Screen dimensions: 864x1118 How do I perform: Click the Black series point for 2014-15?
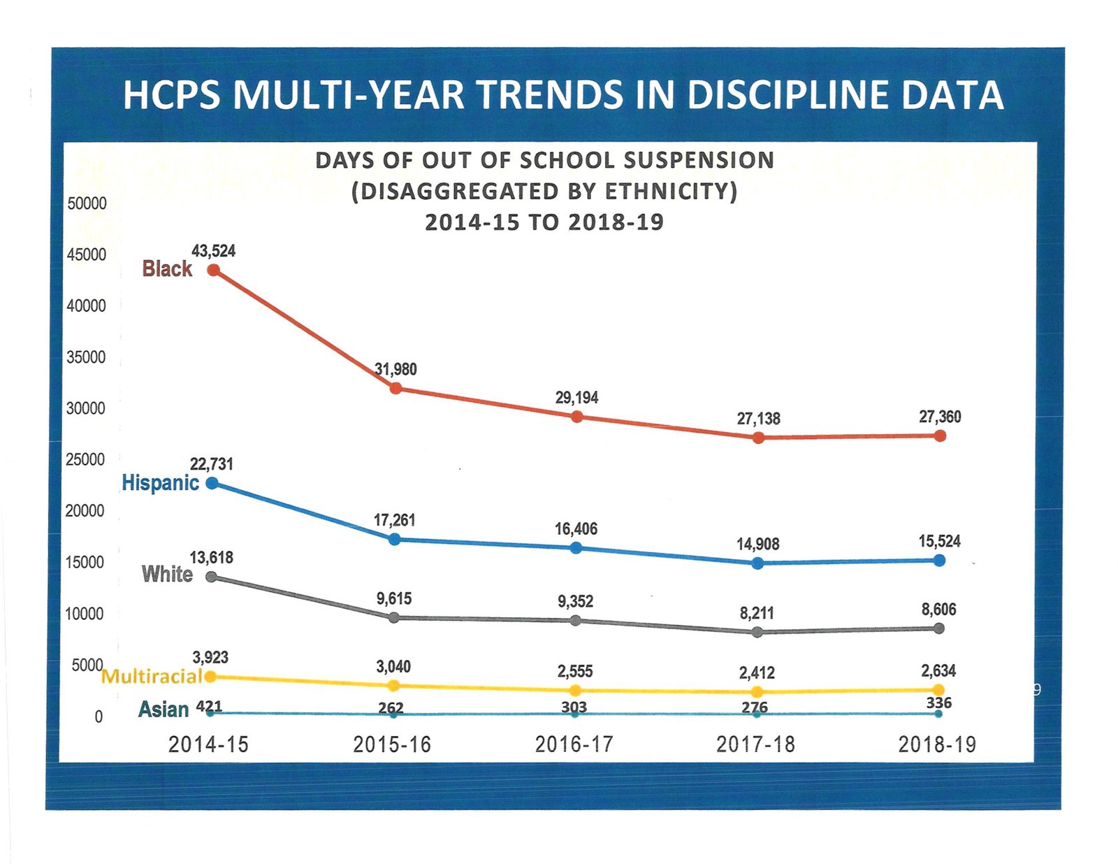(x=214, y=270)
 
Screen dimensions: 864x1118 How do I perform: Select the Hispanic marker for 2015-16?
(x=394, y=539)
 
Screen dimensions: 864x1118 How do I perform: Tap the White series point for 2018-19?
(x=939, y=628)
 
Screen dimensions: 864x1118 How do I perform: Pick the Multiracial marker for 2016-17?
(x=575, y=691)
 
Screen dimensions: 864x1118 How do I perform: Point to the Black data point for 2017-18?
(x=758, y=438)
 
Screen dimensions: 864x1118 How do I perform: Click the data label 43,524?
(x=214, y=251)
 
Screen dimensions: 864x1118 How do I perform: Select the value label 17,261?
(x=394, y=520)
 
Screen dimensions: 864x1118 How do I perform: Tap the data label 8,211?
(x=757, y=613)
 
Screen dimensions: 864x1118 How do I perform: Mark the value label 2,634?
(x=938, y=671)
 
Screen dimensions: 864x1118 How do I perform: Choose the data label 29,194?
(x=576, y=398)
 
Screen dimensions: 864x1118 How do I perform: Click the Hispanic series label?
(x=160, y=483)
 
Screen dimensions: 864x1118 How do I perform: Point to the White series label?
(x=167, y=574)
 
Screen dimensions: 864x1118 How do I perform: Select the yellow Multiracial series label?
(x=152, y=677)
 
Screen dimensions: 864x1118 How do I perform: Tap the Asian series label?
(x=164, y=710)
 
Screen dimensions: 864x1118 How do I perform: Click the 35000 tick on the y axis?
(x=86, y=357)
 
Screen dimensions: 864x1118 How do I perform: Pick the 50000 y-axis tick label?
(x=87, y=203)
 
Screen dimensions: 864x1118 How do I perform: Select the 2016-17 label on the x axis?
(x=574, y=744)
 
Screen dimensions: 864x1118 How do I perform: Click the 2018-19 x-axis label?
(x=937, y=744)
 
